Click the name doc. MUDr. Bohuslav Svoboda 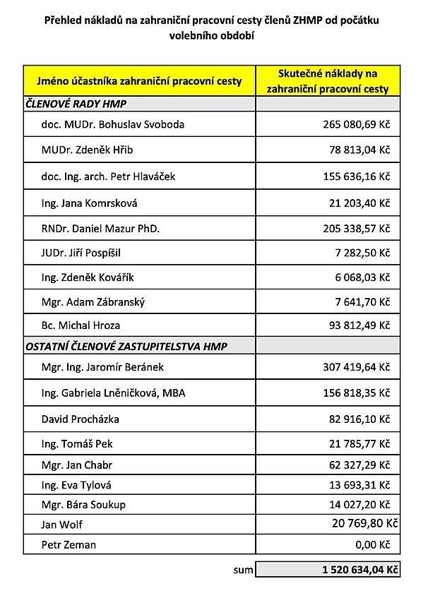tap(113, 125)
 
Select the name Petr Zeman tap(69, 545)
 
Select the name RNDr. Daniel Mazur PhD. tap(101, 229)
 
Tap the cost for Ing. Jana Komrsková tap(359, 203)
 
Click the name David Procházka tap(81, 419)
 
